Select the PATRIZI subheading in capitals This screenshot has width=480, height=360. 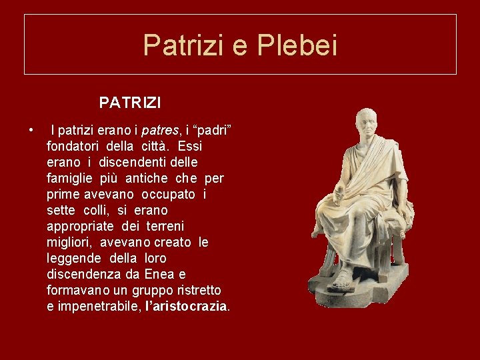coord(129,103)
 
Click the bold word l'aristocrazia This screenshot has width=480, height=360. coord(186,307)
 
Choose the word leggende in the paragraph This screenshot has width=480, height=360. coord(73,258)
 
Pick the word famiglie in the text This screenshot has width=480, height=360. coord(70,178)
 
